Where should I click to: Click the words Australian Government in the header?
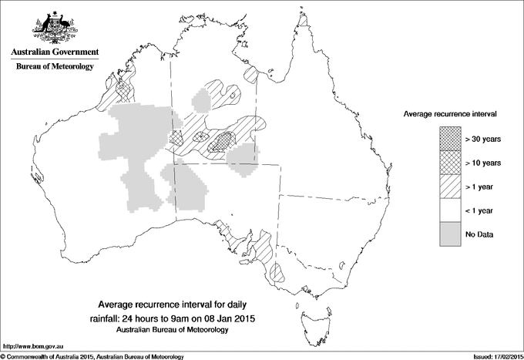pos(54,52)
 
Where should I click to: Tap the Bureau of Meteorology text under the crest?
pos(54,67)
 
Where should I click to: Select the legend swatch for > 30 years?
pos(452,140)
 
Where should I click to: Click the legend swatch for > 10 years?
pos(452,163)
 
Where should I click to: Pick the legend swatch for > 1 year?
pos(452,187)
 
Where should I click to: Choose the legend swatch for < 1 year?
pos(452,210)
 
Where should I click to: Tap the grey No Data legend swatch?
pos(452,234)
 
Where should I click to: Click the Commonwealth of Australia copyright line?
pos(92,355)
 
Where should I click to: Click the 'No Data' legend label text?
pos(479,234)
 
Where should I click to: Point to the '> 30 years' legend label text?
pos(483,140)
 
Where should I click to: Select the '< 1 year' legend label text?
pos(480,210)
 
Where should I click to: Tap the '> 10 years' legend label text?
pos(483,163)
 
